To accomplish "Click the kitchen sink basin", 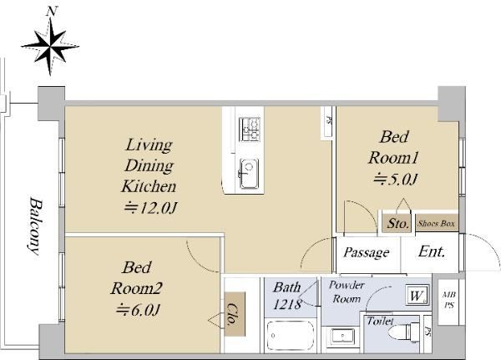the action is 249,174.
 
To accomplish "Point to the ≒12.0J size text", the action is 150,208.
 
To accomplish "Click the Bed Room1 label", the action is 393,147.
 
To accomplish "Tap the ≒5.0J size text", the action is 396,180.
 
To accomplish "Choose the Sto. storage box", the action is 397,223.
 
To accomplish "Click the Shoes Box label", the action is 436,224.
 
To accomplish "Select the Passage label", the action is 367,252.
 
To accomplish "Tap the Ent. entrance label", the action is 432,251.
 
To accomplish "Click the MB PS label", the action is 449,300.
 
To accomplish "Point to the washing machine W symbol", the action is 417,295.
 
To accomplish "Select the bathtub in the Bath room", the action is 291,336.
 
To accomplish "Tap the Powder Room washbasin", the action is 342,337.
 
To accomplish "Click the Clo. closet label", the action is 234,315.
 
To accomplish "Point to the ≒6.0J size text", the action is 138,310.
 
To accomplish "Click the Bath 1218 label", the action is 287,296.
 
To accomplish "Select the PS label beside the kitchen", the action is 328,120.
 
